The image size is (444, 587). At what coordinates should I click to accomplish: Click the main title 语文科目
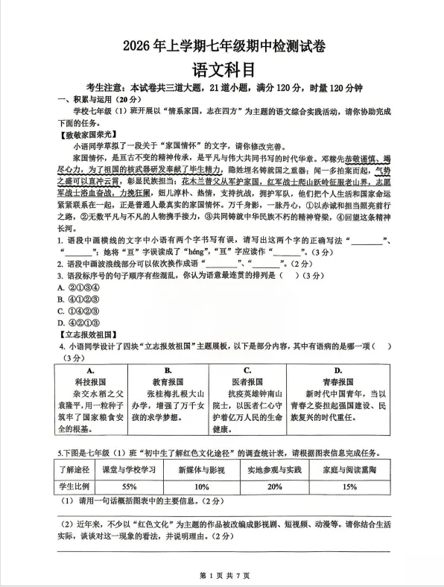[223, 69]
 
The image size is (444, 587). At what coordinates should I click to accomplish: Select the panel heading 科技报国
[89, 380]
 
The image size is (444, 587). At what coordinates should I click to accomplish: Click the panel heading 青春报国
[339, 380]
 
